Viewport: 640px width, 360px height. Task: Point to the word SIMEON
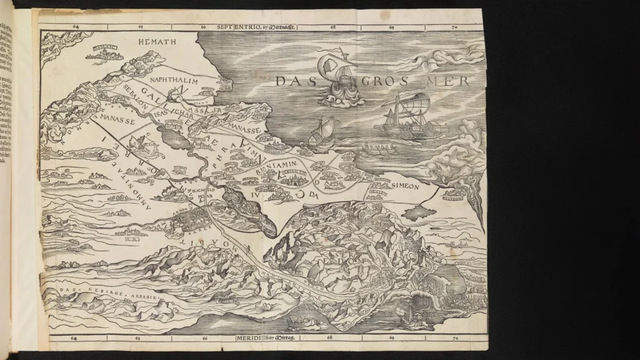(x=409, y=186)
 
